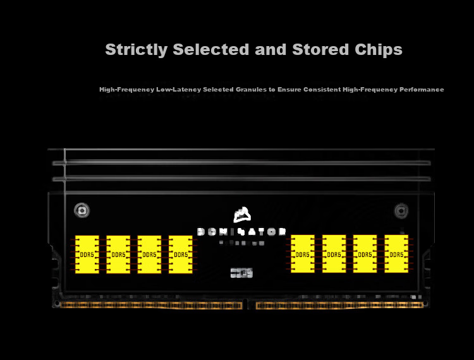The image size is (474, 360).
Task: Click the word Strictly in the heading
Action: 136,50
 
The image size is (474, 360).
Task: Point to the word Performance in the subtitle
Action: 422,90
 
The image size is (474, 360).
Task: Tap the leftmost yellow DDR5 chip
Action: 87,255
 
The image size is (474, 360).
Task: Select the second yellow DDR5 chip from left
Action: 118,255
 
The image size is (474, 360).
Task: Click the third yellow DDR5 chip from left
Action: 149,255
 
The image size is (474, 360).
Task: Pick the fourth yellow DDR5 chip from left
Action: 181,255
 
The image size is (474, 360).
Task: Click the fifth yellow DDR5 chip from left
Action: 303,254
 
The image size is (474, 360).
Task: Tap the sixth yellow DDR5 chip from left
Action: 334,254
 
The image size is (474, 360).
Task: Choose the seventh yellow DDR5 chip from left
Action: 365,254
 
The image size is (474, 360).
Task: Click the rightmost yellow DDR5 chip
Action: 396,254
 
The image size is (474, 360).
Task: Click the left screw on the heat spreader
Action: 81,210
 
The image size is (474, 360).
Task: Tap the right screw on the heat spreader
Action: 401,210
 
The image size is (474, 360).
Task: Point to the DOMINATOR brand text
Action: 242,232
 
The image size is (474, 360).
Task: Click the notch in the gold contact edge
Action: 249,305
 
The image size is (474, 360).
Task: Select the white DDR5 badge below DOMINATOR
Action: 241,273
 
